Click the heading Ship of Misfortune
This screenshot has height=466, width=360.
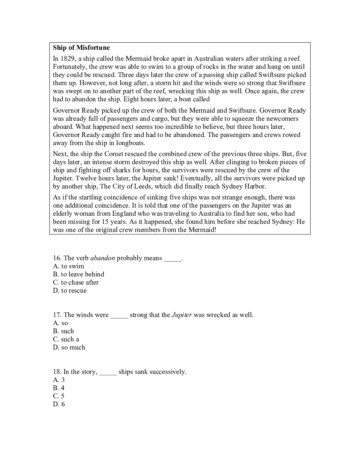click(81, 48)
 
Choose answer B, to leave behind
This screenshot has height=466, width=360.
click(79, 274)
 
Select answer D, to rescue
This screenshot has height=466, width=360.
click(70, 291)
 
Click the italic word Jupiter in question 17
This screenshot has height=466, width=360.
click(181, 315)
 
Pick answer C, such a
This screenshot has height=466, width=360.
click(66, 339)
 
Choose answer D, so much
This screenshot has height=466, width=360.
click(69, 347)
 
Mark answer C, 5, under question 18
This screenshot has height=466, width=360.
click(59, 396)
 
